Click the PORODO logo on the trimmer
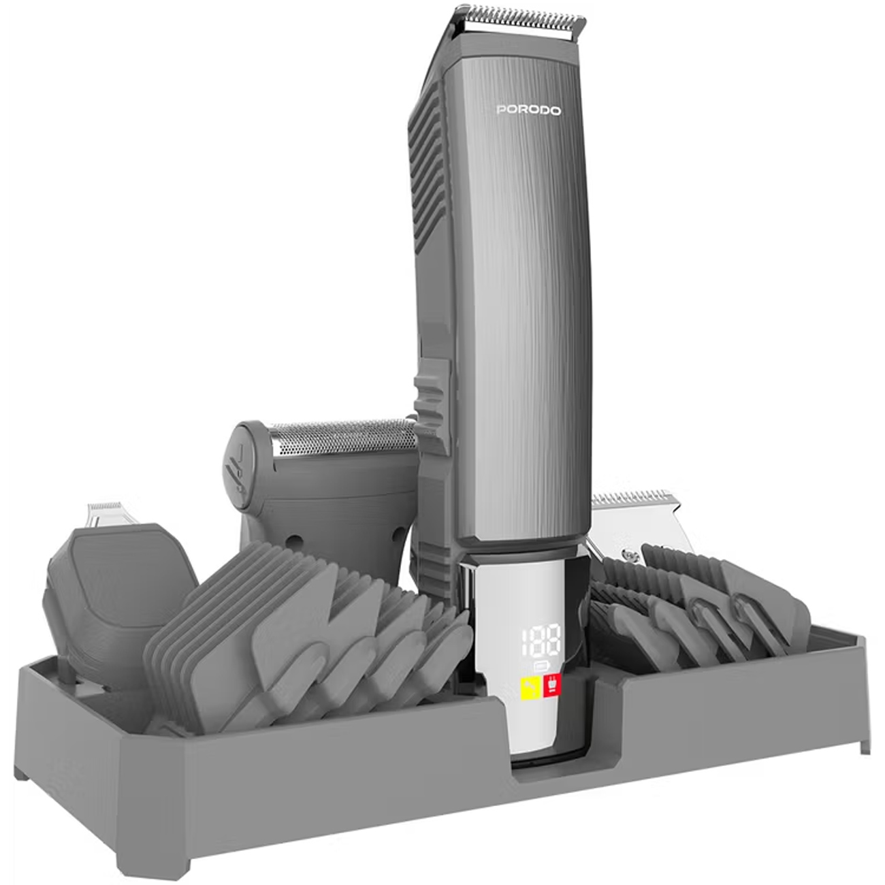(x=528, y=110)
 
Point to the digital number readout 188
(x=541, y=641)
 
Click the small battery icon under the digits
(x=541, y=666)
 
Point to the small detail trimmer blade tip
(x=105, y=506)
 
